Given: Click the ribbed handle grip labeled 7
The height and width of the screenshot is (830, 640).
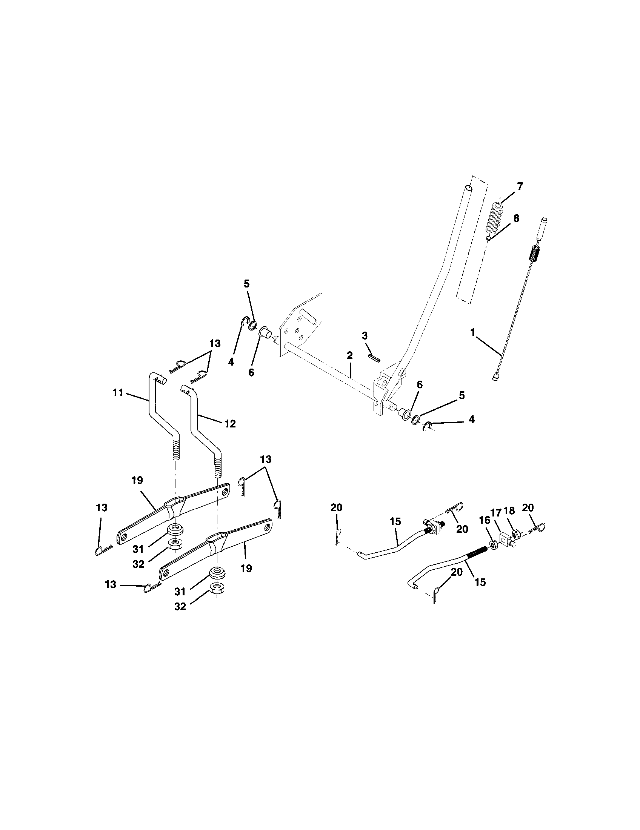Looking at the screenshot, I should click(496, 218).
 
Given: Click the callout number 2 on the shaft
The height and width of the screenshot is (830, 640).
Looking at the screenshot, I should click(350, 355).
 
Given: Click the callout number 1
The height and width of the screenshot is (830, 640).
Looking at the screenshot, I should click(473, 332).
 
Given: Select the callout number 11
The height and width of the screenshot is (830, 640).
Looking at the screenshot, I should click(118, 393).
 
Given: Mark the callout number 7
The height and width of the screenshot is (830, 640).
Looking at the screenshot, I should click(520, 186).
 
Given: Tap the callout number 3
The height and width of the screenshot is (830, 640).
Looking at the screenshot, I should click(365, 335).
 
